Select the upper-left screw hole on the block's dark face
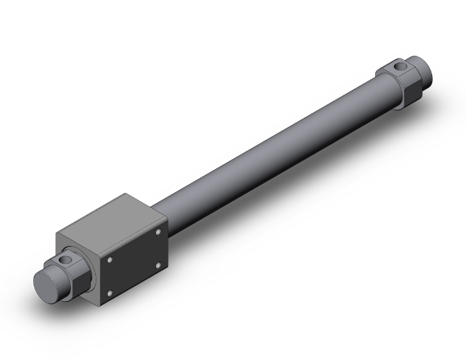click(110, 257)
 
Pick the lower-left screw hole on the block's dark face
click(111, 292)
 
